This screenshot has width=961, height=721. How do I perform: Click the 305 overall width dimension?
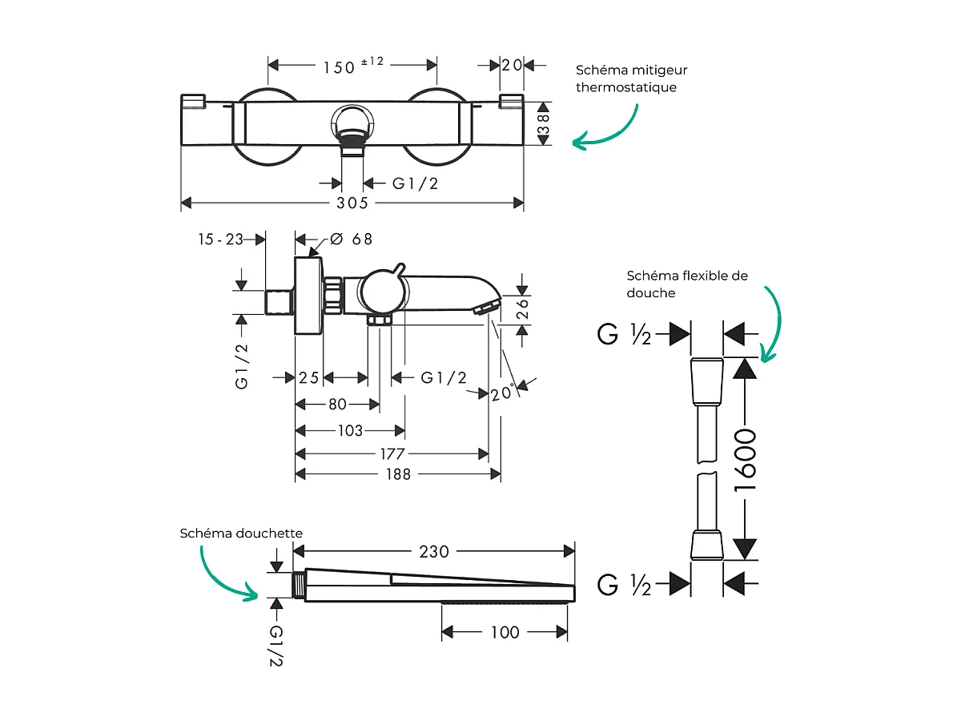[x=352, y=203]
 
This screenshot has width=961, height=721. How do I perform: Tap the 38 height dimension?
[x=544, y=124]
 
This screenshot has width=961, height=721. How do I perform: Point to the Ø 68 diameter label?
[x=351, y=239]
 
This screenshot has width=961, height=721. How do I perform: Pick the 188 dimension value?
[x=397, y=474]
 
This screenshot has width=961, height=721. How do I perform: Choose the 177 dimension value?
[x=393, y=454]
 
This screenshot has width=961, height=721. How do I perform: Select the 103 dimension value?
[x=350, y=431]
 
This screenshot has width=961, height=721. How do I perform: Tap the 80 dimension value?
[x=336, y=405]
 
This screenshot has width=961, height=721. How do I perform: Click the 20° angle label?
[x=502, y=393]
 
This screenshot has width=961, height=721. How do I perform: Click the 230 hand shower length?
[x=435, y=551]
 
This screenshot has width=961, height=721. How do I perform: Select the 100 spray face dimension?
[x=505, y=632]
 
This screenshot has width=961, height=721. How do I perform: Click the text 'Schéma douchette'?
[x=241, y=533]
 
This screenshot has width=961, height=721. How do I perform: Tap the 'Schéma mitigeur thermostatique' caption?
[x=632, y=79]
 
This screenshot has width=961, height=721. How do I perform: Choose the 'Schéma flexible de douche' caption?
[x=687, y=284]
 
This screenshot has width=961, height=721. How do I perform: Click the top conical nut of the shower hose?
[x=707, y=381]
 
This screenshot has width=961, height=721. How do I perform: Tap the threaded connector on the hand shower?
[x=300, y=586]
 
